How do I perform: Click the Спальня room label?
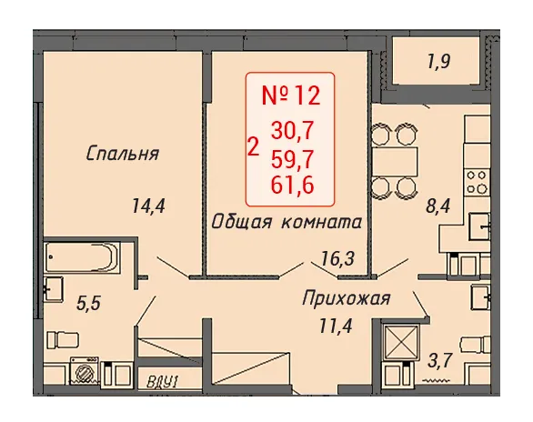(x=123, y=154)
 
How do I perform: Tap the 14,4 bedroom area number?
(x=148, y=206)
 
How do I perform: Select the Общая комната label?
(x=287, y=223)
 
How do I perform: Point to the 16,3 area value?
(x=338, y=258)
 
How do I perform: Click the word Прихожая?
(x=347, y=298)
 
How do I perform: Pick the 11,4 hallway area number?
(x=336, y=326)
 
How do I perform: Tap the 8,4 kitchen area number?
(x=437, y=206)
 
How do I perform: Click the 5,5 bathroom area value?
(x=88, y=303)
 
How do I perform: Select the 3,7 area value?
(x=440, y=360)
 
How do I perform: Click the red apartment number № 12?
(x=291, y=95)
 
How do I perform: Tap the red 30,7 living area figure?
(x=292, y=131)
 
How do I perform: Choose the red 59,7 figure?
(x=292, y=159)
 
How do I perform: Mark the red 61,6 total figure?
(x=292, y=186)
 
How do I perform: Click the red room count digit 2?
(x=254, y=147)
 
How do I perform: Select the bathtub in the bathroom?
(x=82, y=256)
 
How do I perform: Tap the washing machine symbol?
(x=85, y=371)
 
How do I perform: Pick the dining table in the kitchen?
(x=395, y=161)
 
